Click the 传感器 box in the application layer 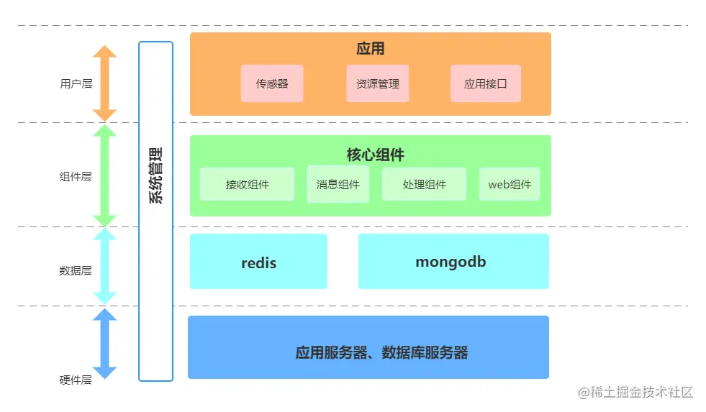pyautogui.click(x=272, y=83)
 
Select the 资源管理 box pyautogui.click(x=377, y=83)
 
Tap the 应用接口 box pyautogui.click(x=485, y=83)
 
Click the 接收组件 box pyautogui.click(x=247, y=184)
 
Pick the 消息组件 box pyautogui.click(x=338, y=184)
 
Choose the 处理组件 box pyautogui.click(x=424, y=184)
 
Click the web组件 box pyautogui.click(x=510, y=184)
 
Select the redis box pyautogui.click(x=258, y=262)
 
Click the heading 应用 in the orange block pyautogui.click(x=371, y=49)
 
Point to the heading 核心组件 pyautogui.click(x=375, y=155)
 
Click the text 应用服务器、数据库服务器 pyautogui.click(x=381, y=352)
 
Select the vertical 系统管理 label pyautogui.click(x=156, y=176)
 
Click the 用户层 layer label pyautogui.click(x=76, y=83)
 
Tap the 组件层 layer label pyautogui.click(x=76, y=176)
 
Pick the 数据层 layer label pyautogui.click(x=76, y=271)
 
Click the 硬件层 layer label pyautogui.click(x=76, y=380)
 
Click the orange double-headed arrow pyautogui.click(x=104, y=83)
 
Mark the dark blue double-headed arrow pyautogui.click(x=104, y=344)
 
